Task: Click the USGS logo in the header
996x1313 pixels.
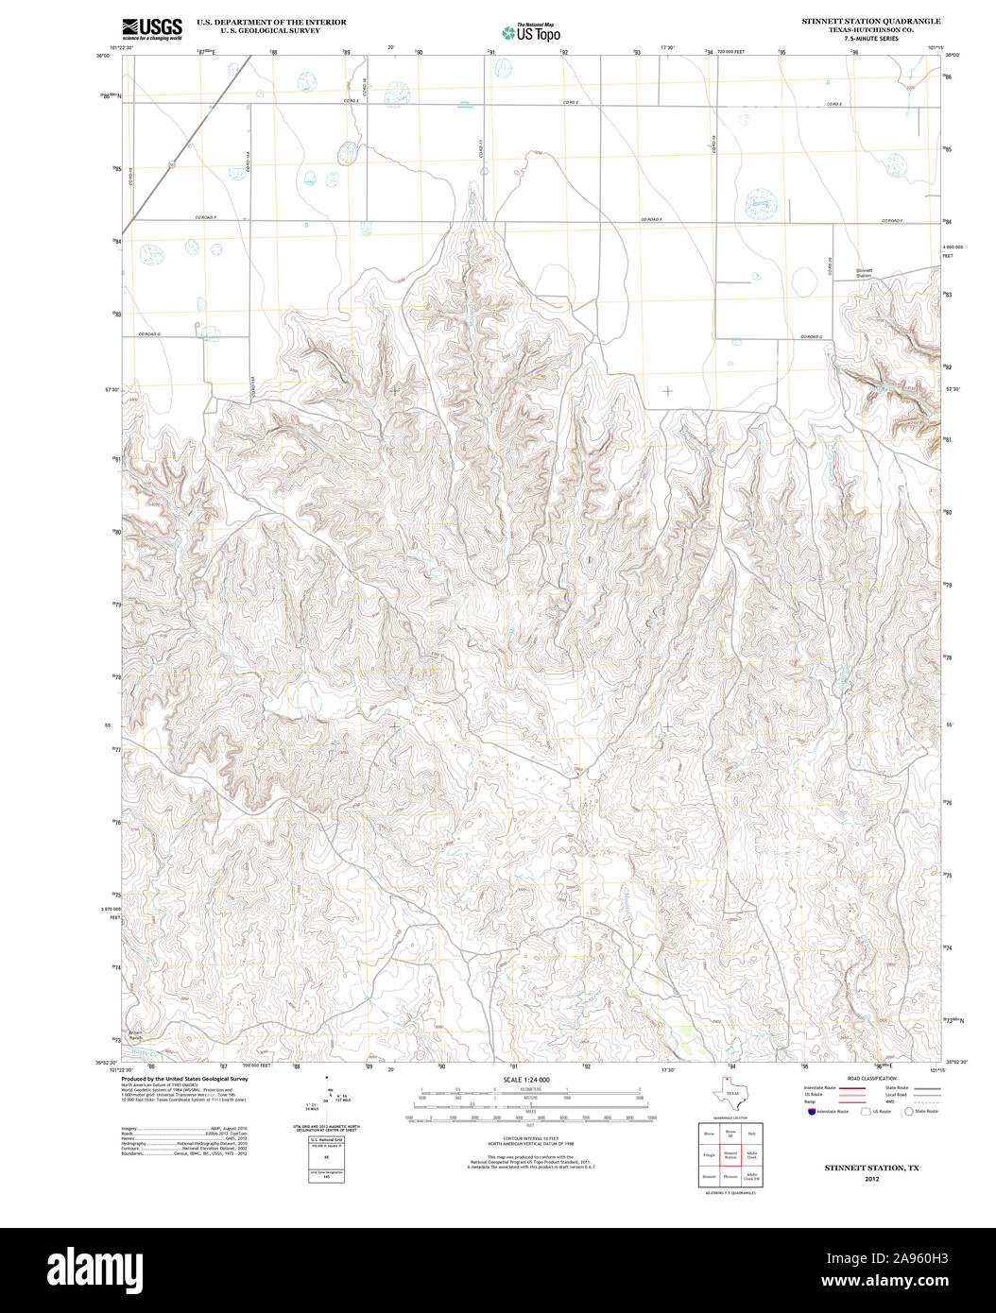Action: click(x=151, y=29)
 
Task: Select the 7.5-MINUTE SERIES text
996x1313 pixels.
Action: click(x=870, y=39)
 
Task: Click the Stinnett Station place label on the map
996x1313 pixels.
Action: click(x=864, y=273)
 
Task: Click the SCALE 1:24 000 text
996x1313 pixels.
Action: click(x=526, y=1079)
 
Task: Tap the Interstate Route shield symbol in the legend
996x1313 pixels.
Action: click(x=810, y=1112)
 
